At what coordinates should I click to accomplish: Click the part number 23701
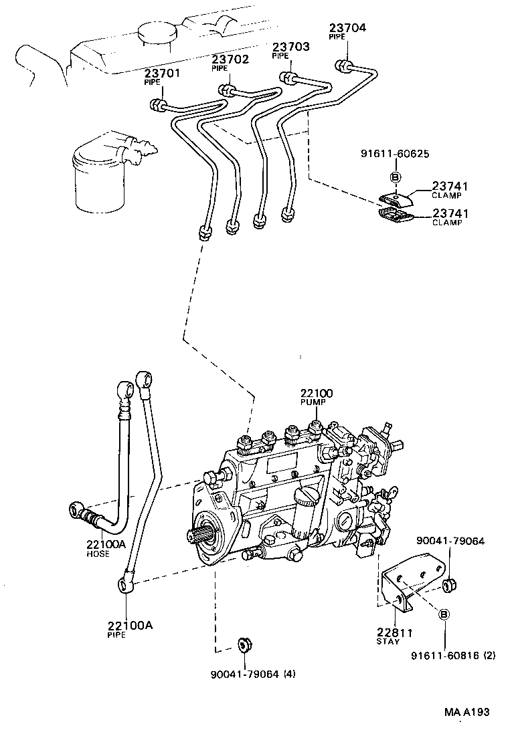click(161, 74)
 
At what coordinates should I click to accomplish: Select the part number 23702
click(230, 59)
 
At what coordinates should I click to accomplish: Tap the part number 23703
click(290, 47)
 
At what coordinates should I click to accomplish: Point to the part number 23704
click(347, 27)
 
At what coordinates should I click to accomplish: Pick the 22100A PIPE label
click(130, 626)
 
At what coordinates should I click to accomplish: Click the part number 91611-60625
click(395, 154)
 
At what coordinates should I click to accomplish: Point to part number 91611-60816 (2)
click(453, 656)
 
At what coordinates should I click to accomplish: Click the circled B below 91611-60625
click(395, 177)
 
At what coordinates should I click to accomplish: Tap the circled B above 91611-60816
click(445, 614)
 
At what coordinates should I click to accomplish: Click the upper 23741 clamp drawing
click(394, 197)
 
